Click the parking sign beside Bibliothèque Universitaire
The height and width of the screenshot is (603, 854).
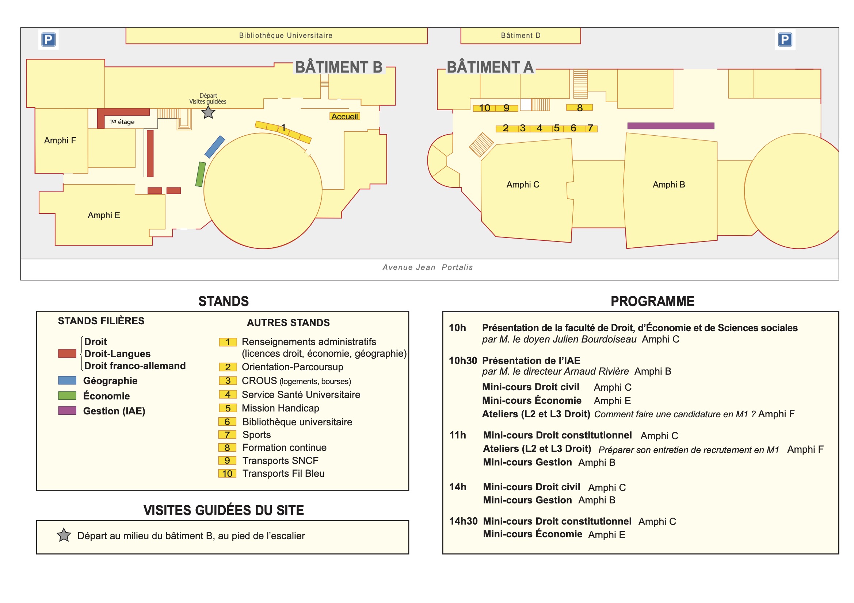[48, 39]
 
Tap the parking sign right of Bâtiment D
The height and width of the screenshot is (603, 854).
[785, 39]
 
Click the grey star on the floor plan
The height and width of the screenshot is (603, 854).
[208, 112]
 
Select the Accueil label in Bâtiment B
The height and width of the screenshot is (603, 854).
[345, 117]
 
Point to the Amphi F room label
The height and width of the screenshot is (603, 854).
[60, 140]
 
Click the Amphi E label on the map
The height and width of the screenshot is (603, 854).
[104, 215]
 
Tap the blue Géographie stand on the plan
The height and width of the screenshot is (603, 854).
[215, 147]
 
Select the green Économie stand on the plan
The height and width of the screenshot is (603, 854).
[201, 174]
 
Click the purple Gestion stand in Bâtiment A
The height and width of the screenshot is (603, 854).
[670, 126]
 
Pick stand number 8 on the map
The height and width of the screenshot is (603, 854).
[579, 108]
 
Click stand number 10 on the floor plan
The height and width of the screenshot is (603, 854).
[484, 108]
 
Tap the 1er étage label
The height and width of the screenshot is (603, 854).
[122, 122]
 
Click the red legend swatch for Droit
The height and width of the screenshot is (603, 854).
[67, 353]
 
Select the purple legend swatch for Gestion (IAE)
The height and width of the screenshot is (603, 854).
[67, 410]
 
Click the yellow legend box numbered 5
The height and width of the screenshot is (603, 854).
[228, 408]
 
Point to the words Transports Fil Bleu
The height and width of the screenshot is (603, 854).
[283, 473]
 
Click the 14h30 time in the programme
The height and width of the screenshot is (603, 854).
[463, 521]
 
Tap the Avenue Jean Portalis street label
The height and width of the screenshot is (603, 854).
[427, 267]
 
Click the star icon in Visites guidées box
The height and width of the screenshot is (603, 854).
[64, 535]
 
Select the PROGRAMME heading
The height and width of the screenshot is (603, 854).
[652, 301]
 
